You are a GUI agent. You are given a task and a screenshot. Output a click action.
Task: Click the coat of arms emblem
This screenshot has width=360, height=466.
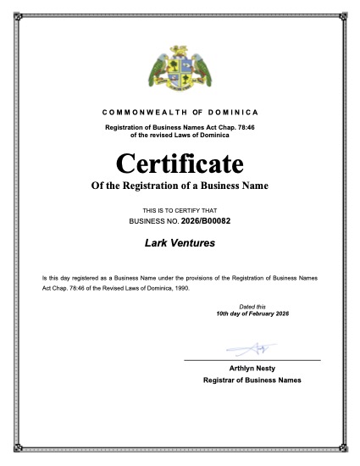[x=180, y=71]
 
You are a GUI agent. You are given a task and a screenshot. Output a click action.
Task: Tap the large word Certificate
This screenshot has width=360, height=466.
[x=180, y=162]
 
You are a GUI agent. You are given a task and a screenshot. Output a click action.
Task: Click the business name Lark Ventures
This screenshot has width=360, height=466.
[x=180, y=244]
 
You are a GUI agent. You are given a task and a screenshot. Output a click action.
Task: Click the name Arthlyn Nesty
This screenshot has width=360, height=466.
[x=252, y=369]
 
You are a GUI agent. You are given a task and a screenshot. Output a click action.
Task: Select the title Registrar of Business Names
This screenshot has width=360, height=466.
[x=252, y=380]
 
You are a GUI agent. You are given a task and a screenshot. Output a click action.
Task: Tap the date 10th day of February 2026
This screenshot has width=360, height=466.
[x=252, y=313]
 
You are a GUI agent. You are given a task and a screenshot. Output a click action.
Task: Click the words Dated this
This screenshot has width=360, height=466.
[x=252, y=306]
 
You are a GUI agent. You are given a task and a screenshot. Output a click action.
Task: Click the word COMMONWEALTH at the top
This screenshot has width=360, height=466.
[x=141, y=113]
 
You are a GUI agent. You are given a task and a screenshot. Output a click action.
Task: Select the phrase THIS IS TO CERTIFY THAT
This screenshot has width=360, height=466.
[x=180, y=209]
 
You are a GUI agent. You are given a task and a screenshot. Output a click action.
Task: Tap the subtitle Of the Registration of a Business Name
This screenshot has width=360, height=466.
[x=180, y=185]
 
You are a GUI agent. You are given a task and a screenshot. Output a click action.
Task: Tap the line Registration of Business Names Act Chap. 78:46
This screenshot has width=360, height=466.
[x=180, y=127]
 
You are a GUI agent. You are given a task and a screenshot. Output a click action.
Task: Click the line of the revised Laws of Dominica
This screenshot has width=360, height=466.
[x=180, y=135]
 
